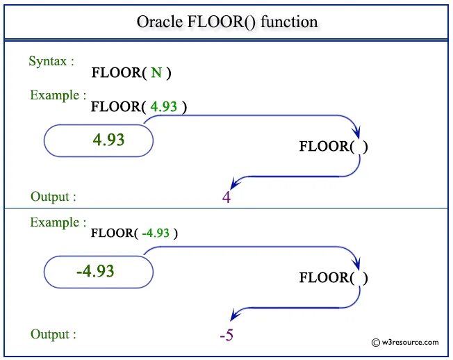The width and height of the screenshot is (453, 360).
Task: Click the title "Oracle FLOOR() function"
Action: pos(226,22)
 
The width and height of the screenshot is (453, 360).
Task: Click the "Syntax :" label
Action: pos(52,61)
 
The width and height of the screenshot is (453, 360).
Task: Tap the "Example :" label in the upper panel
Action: pos(58,95)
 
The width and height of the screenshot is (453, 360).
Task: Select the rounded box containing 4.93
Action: pos(99,140)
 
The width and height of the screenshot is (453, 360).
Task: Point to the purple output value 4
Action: pos(226,198)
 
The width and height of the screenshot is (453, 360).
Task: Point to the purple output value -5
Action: pos(226,336)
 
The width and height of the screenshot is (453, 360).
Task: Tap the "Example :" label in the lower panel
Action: pos(58,223)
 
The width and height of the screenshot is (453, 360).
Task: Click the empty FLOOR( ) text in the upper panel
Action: pos(333,147)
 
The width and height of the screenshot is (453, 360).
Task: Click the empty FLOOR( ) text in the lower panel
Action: pos(333,278)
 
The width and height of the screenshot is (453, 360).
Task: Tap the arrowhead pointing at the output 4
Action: pos(236,183)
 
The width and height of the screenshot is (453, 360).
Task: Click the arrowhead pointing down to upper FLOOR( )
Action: pos(357,133)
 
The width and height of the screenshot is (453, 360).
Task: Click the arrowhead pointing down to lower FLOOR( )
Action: pos(357,264)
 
